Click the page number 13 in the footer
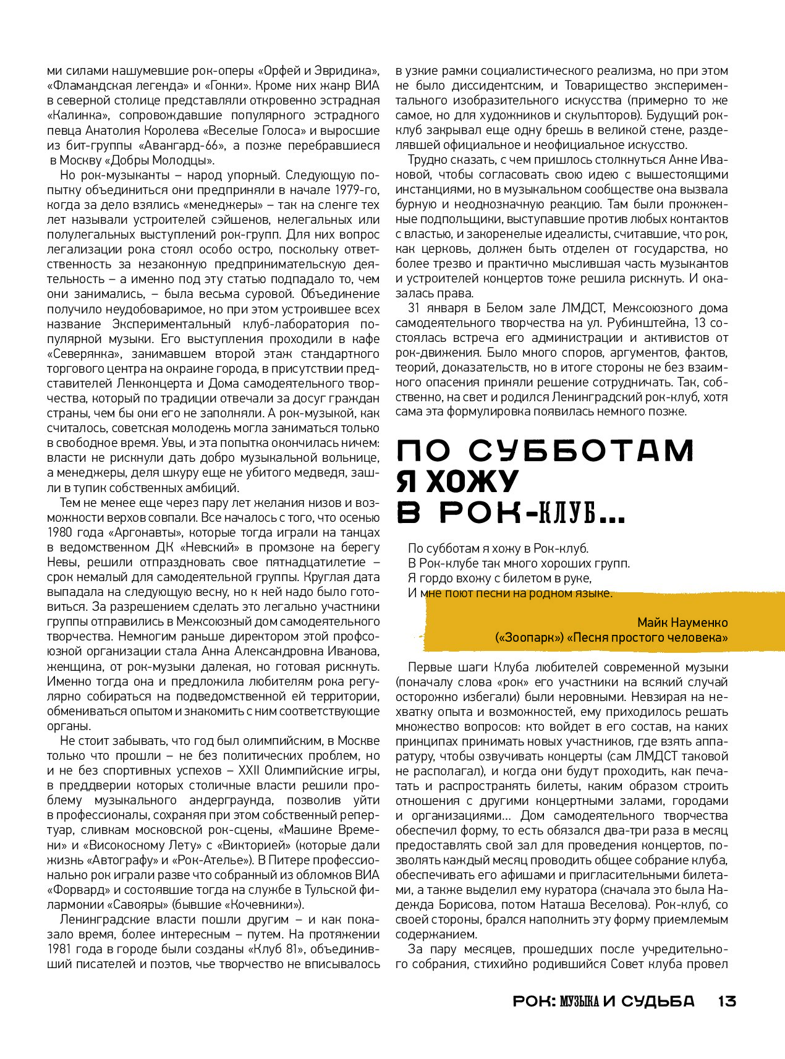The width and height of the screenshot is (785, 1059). pos(727,1001)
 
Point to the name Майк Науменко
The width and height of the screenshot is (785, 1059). pos(682,623)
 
